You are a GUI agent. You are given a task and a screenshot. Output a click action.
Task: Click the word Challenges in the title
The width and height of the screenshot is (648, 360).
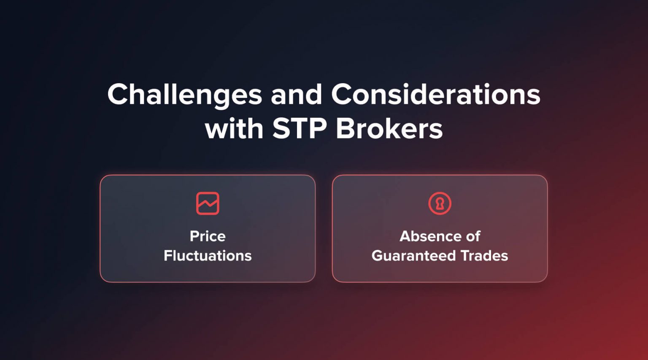click(184, 95)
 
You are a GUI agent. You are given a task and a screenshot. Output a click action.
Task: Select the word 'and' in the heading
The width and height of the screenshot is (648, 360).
click(296, 95)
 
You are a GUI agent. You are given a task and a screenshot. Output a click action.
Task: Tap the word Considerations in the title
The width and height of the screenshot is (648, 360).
click(435, 95)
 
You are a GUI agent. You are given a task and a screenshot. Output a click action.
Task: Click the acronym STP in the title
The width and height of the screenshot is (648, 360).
click(299, 128)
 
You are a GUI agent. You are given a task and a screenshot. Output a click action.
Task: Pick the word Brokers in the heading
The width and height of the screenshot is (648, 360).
click(389, 128)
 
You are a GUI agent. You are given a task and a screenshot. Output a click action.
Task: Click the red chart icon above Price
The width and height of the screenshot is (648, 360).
click(208, 203)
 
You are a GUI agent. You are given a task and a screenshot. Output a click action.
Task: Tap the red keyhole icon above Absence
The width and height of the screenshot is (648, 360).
click(440, 203)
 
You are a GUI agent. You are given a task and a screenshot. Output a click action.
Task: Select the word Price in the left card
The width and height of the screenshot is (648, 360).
click(208, 236)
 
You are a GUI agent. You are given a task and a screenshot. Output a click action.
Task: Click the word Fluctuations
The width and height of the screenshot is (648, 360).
click(208, 256)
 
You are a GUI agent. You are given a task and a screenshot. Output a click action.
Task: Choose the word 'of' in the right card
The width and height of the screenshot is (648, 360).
click(473, 236)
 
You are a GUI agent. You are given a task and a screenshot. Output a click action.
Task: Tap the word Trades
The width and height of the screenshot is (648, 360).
click(484, 256)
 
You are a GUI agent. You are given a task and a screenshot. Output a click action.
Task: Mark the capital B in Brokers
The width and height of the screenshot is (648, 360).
click(345, 128)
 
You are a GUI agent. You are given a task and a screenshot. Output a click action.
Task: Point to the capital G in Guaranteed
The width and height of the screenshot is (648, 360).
click(378, 256)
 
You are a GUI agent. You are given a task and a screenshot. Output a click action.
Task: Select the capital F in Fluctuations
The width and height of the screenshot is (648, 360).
click(168, 256)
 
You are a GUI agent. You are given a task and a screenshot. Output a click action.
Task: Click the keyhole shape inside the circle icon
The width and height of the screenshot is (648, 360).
click(440, 204)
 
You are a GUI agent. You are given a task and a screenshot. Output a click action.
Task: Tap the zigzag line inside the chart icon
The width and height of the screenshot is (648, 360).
click(208, 205)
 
